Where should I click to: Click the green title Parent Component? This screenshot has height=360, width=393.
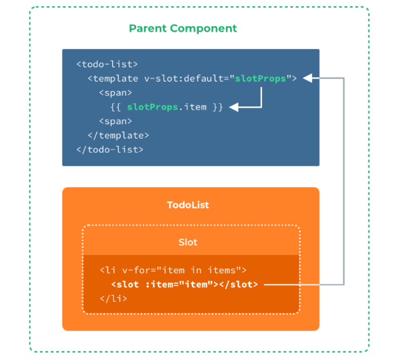tap(183, 28)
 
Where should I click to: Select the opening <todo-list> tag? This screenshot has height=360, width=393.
tap(107, 64)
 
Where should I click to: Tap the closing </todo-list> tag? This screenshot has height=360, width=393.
tap(110, 150)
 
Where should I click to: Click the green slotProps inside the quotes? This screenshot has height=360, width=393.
tap(261, 79)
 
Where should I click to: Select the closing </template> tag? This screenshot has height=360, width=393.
tap(118, 135)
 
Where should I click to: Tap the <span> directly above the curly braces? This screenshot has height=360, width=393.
tap(115, 93)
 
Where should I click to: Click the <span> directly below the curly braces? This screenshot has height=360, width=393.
tap(115, 121)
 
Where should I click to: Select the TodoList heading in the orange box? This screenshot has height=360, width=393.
tap(188, 205)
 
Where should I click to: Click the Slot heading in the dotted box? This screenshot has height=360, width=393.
tap(188, 242)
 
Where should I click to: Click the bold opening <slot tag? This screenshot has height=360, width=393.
tap(125, 284)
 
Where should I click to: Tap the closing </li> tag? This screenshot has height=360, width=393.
tap(114, 299)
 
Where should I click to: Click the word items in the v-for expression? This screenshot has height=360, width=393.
tap(227, 270)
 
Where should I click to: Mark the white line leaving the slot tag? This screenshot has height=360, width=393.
tap(304, 284)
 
